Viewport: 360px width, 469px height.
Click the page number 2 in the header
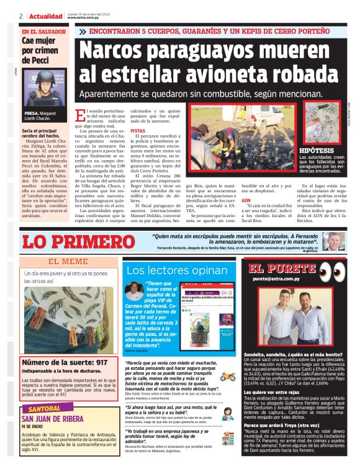21,16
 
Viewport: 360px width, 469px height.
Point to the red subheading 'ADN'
246,201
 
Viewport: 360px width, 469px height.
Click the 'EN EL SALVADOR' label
42,31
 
